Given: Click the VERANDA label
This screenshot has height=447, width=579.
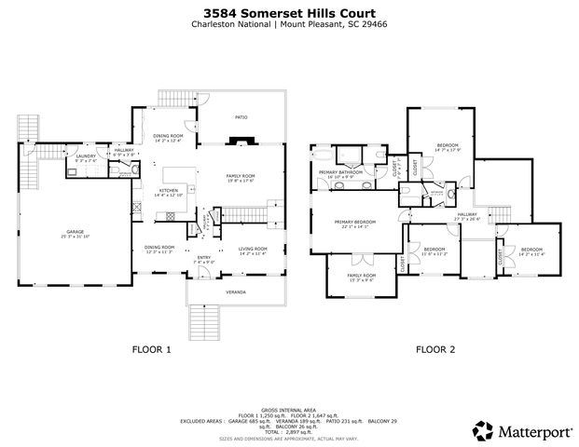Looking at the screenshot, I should pos(237,292).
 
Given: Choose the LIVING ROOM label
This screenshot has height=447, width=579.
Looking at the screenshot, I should pos(252,249).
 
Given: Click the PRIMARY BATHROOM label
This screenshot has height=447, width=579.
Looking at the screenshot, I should pos(339,172).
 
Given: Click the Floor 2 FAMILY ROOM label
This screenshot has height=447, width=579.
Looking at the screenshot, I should pos(361,276).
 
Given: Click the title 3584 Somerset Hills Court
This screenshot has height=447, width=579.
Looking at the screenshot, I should pos(290,13).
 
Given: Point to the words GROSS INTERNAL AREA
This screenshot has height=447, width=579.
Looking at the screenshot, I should pos(289,409).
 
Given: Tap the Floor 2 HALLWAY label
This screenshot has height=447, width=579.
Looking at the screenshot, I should pos(466,214).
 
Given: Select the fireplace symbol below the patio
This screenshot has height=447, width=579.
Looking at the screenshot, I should pos(241,142).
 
